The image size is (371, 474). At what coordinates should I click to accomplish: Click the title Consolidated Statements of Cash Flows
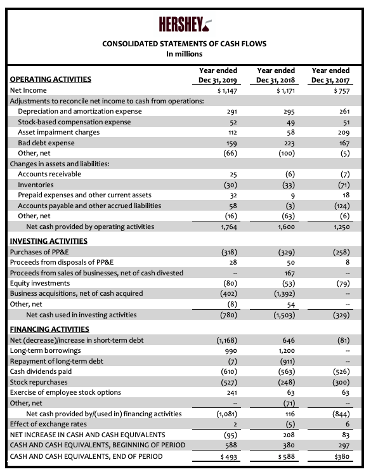(x=185, y=44)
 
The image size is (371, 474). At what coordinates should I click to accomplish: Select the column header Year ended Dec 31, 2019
(x=218, y=76)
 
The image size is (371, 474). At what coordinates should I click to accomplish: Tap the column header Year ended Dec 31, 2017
(x=330, y=76)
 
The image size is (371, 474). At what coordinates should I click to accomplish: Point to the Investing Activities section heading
(x=49, y=241)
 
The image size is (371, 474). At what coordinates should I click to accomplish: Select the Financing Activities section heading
(x=49, y=329)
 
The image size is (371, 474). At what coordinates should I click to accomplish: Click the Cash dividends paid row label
(x=41, y=371)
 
